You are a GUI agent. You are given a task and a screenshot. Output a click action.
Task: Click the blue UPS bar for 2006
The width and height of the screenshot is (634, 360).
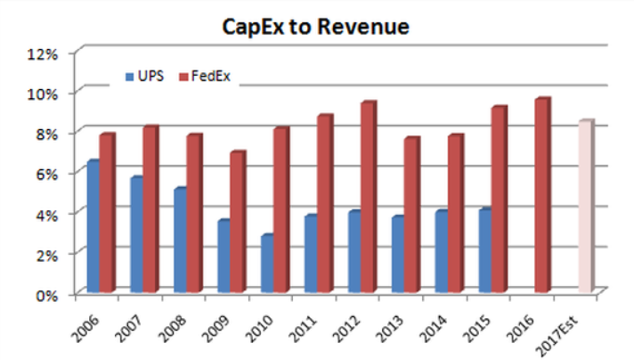tap(92, 227)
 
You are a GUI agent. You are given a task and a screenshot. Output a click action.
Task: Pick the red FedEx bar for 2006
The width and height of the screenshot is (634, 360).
tap(107, 214)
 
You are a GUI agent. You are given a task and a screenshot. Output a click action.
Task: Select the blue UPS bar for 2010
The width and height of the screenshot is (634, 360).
tap(266, 264)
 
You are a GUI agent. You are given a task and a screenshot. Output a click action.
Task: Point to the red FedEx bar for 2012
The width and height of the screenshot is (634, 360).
tap(368, 198)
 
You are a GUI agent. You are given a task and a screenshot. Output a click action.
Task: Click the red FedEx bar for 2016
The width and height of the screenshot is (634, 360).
tap(542, 196)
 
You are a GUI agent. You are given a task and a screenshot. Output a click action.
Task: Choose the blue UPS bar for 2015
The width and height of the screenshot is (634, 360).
tap(484, 251)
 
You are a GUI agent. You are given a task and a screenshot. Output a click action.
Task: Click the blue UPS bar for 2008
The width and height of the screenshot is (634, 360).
tap(179, 241)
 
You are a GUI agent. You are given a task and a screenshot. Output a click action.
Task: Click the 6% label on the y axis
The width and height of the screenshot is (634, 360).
tap(45, 173)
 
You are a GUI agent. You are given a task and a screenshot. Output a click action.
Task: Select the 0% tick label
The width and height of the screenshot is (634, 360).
tap(45, 294)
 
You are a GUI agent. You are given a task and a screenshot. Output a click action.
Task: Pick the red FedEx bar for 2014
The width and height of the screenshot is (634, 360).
tap(455, 214)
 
